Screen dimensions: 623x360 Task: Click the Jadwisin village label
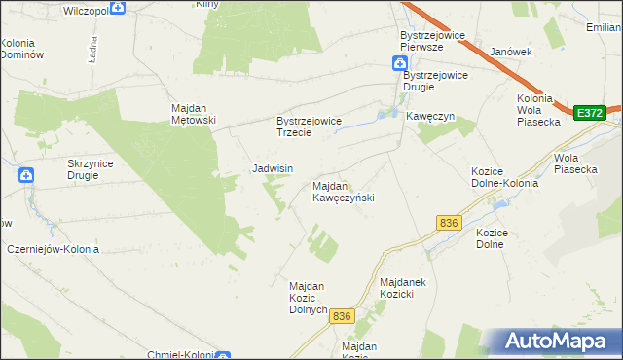click(273, 168)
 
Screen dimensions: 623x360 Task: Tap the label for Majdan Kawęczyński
click(343, 192)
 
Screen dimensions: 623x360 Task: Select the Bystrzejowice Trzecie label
click(309, 126)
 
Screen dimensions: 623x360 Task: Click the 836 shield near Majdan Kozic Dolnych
click(341, 316)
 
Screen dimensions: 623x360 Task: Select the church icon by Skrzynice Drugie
click(26, 175)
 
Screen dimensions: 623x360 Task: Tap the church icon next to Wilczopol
click(118, 8)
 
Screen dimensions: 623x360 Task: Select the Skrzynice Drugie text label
click(91, 169)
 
